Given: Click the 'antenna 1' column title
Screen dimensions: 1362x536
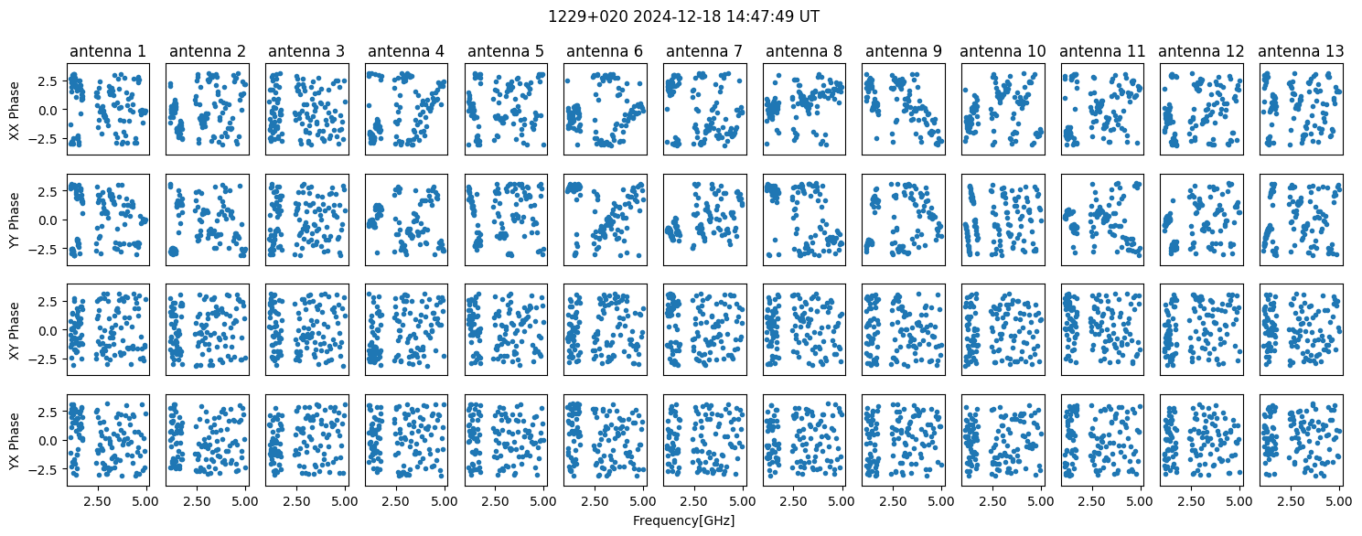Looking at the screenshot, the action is (x=108, y=51).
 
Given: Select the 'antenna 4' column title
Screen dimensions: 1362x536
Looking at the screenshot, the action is (x=406, y=51).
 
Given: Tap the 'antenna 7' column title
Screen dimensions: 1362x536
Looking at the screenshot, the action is (x=704, y=51).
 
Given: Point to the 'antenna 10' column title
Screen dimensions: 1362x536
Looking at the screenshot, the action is (x=1003, y=51).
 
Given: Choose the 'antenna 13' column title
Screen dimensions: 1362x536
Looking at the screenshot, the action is (x=1301, y=51).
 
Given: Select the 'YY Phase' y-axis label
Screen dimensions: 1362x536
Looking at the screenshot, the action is (x=14, y=220).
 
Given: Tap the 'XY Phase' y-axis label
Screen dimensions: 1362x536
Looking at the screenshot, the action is (x=14, y=330).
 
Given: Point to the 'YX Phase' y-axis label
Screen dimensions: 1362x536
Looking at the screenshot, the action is (x=14, y=441).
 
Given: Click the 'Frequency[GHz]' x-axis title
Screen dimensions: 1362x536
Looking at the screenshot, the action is (x=683, y=520).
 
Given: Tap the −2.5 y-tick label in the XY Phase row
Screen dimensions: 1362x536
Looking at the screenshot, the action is (x=45, y=359).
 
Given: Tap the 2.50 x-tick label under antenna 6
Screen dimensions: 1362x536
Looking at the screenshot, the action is (x=595, y=502).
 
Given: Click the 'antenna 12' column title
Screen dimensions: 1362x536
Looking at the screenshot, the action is (x=1202, y=51).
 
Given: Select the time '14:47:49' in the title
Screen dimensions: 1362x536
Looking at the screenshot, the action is (x=765, y=16).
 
